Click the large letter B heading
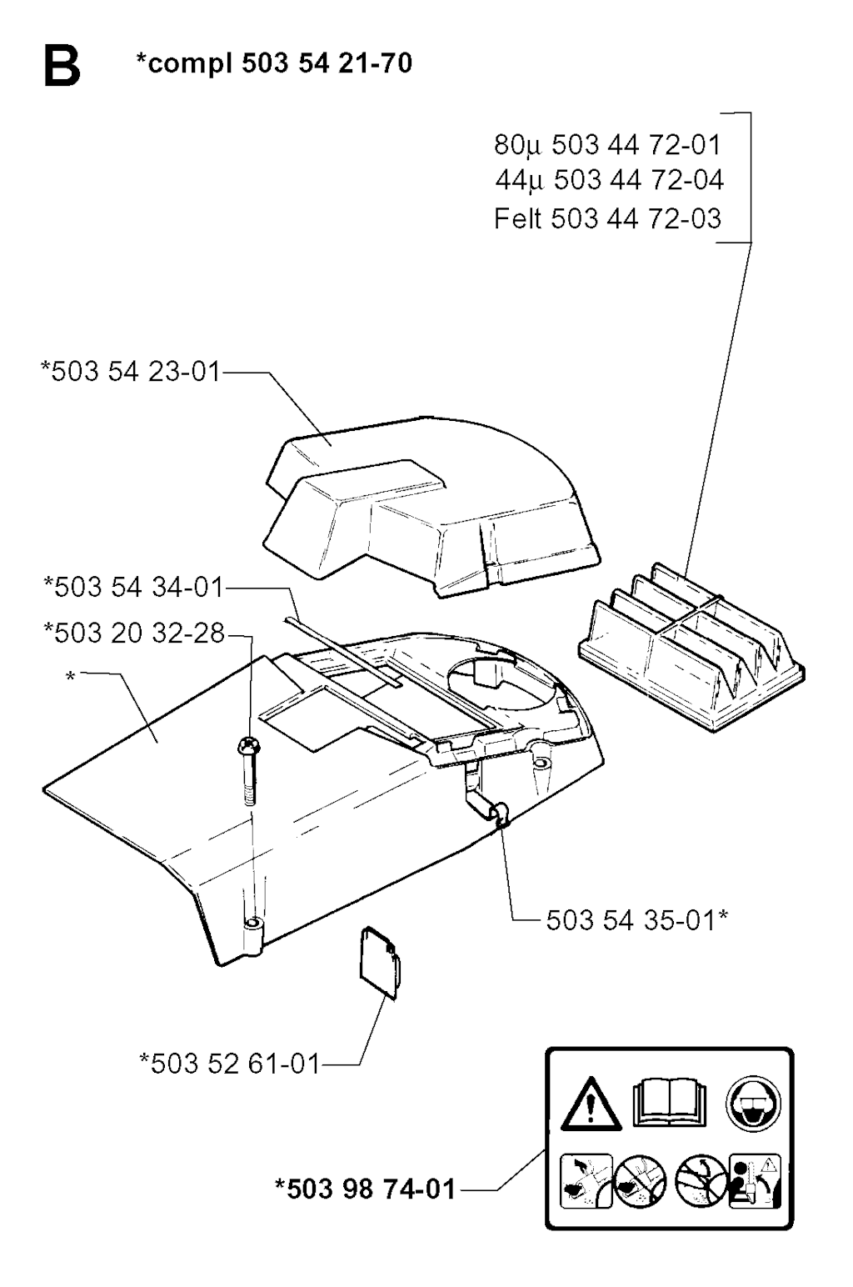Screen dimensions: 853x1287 click(62, 68)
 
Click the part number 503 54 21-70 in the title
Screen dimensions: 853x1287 click(327, 63)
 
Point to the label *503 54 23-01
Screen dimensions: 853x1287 click(131, 371)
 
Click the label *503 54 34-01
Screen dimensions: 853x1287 click(133, 587)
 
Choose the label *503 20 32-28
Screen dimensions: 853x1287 click(134, 633)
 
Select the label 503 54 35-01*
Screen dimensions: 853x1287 click(636, 920)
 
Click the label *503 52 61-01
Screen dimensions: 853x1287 click(230, 1063)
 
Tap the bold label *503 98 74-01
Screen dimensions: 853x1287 click(365, 1189)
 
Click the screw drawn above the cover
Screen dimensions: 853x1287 click(247, 771)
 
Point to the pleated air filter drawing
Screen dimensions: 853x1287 click(691, 648)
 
